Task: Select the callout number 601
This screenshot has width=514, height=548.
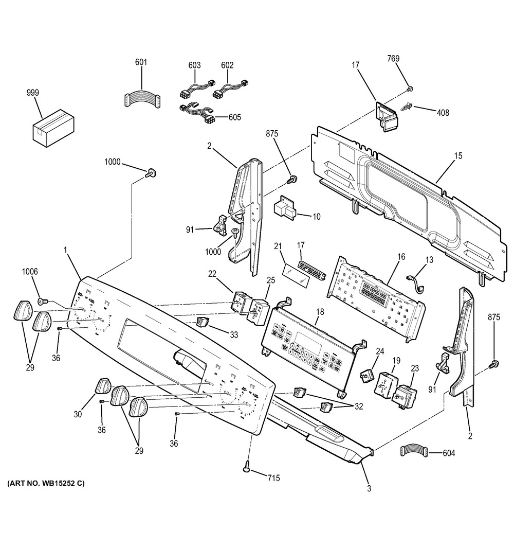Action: [141, 63]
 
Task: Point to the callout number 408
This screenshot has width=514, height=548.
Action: [443, 113]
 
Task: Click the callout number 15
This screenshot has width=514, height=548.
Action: [458, 155]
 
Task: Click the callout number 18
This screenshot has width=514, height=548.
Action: [320, 312]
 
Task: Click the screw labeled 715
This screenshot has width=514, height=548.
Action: [247, 467]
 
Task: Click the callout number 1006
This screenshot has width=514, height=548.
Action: [29, 272]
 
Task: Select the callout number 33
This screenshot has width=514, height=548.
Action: [234, 335]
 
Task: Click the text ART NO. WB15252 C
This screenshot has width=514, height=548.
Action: [46, 484]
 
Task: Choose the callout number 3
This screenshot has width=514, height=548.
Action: [369, 488]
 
